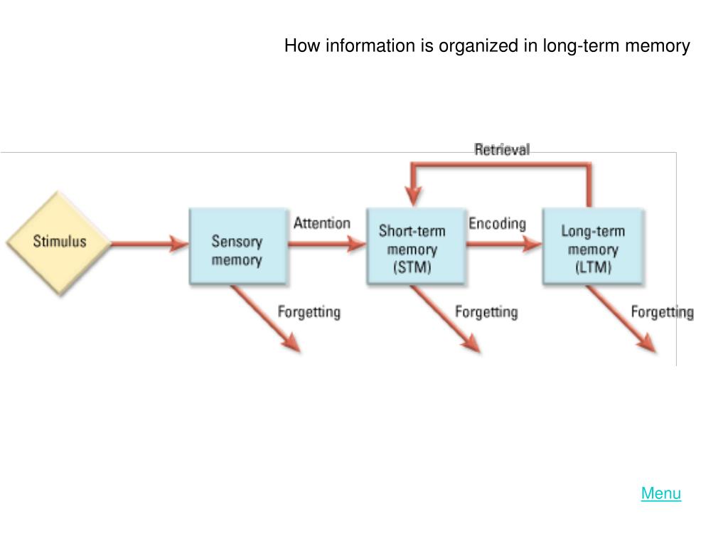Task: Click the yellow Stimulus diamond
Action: point(59,242)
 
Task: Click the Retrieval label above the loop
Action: point(502,149)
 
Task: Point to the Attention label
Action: point(321,223)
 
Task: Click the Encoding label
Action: point(497,223)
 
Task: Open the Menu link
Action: point(660,493)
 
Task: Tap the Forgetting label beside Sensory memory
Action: point(309,312)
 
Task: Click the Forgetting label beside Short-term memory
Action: point(486,312)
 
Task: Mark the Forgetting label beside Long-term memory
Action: point(662,312)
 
